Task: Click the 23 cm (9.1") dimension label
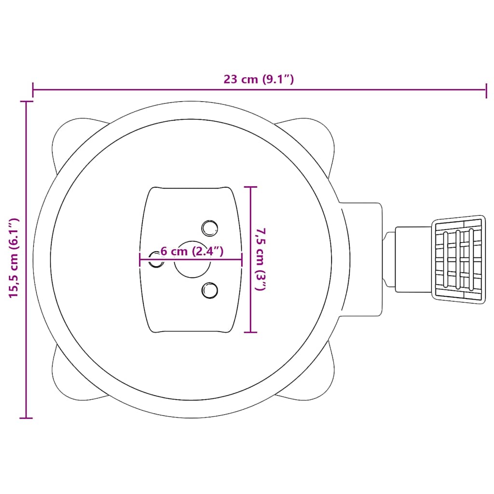point(259,79)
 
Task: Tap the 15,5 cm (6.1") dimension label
point(14,258)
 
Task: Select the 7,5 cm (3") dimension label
point(261,259)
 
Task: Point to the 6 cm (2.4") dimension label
point(192,251)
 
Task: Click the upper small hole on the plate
point(209,228)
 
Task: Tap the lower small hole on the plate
point(209,290)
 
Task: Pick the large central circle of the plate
point(192,259)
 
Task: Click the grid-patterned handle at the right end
point(458,260)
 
